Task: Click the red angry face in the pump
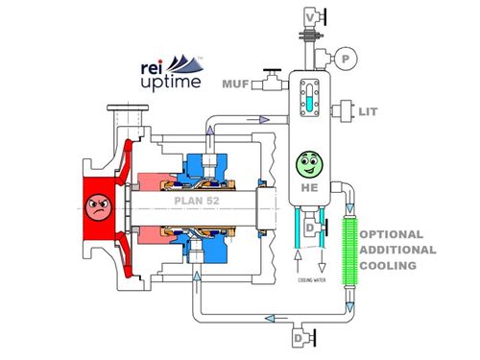click(x=96, y=203)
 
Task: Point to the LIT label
click(x=366, y=112)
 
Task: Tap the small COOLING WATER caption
click(x=308, y=280)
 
